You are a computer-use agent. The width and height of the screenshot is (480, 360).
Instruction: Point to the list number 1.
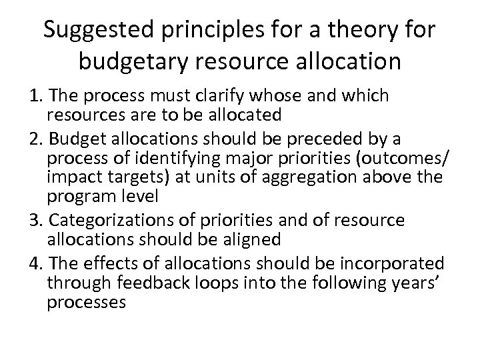click(15, 96)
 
